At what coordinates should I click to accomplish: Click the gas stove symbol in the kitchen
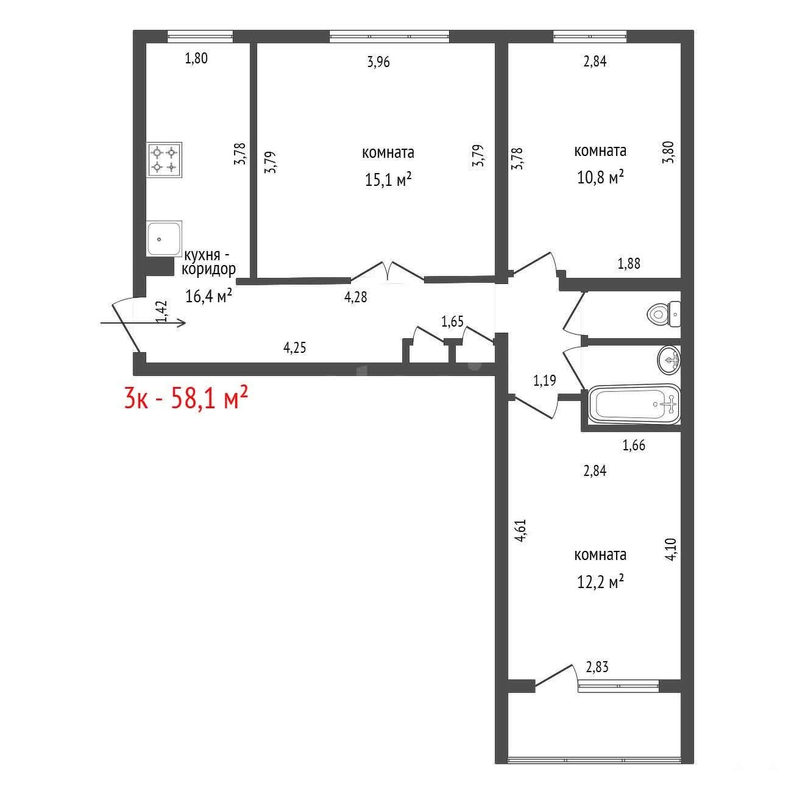164,160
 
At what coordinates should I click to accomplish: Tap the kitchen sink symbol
164,239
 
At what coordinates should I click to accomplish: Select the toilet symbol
664,314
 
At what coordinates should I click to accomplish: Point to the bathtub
634,405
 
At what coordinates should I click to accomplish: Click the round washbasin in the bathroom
668,360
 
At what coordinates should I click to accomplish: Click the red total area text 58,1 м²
209,398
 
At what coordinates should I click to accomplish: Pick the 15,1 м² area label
388,180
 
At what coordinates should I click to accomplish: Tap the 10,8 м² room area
600,177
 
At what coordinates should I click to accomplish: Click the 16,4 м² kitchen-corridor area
208,296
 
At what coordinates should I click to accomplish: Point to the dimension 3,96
378,62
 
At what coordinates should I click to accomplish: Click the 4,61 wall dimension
520,531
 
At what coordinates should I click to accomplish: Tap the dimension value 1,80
196,58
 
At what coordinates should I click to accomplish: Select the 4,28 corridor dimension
356,297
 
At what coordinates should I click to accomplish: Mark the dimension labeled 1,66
634,445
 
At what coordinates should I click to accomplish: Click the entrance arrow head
182,323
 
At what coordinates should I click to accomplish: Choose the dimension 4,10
671,549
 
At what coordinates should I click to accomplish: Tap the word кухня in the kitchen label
202,255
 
